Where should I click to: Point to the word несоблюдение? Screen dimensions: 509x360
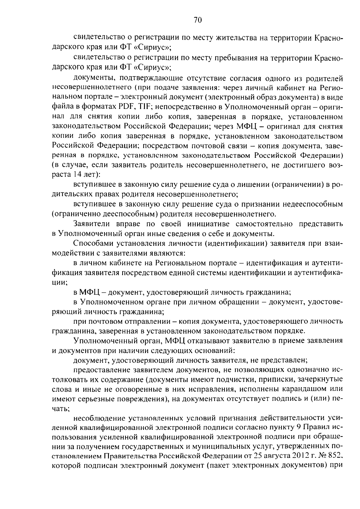99,418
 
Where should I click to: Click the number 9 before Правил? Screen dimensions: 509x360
295,427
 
